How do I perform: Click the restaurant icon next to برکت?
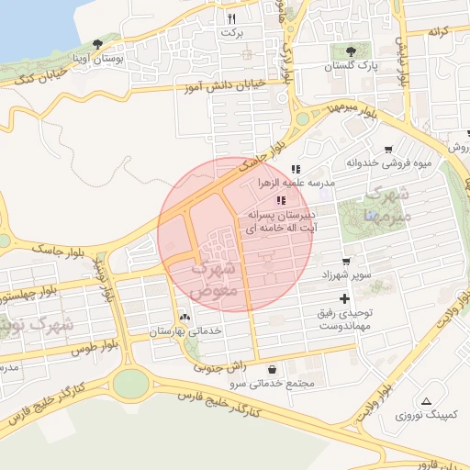[x=232, y=17]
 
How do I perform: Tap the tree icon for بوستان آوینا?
[x=98, y=43]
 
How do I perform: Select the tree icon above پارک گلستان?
[x=350, y=51]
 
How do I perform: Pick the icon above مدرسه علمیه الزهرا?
[x=295, y=169]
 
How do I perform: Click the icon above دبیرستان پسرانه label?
[x=281, y=199]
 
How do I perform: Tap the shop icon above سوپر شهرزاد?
[x=346, y=261]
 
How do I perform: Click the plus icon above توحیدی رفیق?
[x=345, y=298]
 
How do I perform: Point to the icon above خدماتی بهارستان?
[x=186, y=317]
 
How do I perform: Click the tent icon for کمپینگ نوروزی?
[x=426, y=401]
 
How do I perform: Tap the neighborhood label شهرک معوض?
[x=217, y=278]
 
